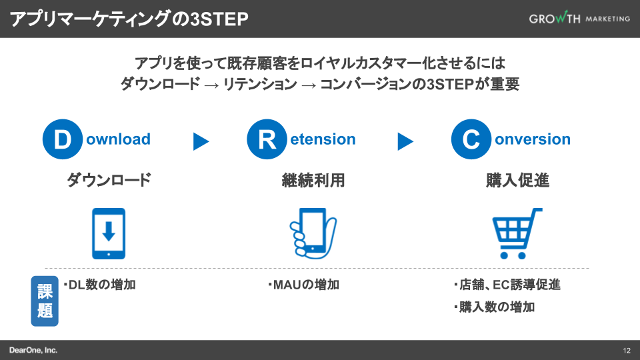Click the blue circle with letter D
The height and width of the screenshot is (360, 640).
[62, 140]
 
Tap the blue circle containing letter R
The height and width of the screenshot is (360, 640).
[267, 140]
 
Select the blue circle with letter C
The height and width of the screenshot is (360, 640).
[471, 140]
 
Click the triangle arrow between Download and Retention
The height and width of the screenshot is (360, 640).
[201, 141]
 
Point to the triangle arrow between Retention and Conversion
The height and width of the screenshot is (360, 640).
[405, 141]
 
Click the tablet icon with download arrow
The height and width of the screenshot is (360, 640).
[109, 233]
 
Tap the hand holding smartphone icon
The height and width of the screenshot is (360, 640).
[313, 233]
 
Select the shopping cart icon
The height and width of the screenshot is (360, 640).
[517, 233]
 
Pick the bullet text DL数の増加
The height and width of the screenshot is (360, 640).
[100, 285]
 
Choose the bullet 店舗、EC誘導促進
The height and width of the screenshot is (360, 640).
[507, 285]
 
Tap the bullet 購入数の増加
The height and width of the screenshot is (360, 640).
[494, 307]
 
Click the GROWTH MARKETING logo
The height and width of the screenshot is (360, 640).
[579, 19]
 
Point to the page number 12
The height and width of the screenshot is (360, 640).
[627, 351]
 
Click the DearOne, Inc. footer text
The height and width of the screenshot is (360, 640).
[34, 350]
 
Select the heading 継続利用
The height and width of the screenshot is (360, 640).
[313, 180]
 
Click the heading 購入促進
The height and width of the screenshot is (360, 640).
[517, 180]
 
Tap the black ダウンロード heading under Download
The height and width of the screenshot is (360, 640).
[109, 180]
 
